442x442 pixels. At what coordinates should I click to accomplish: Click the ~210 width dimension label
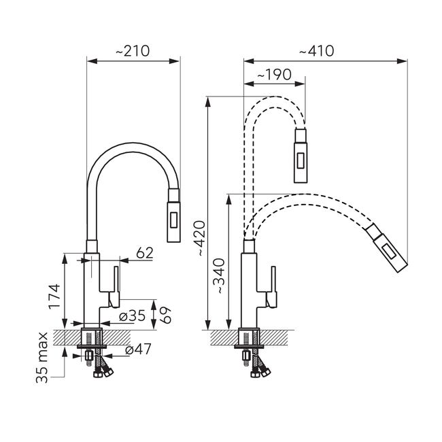point(133,51)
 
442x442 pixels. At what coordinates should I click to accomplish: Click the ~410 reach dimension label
point(317,51)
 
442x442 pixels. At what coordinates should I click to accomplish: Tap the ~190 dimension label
point(274,75)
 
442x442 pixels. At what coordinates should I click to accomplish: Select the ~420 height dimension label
point(201,238)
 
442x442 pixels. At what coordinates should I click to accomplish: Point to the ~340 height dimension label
point(220,276)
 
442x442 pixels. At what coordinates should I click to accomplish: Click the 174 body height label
point(54,296)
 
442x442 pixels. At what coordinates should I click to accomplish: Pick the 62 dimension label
point(145,253)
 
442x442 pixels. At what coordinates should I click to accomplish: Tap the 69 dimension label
point(167,315)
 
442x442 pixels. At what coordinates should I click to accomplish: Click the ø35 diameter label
point(132,316)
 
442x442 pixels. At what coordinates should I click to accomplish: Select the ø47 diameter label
point(138,350)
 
